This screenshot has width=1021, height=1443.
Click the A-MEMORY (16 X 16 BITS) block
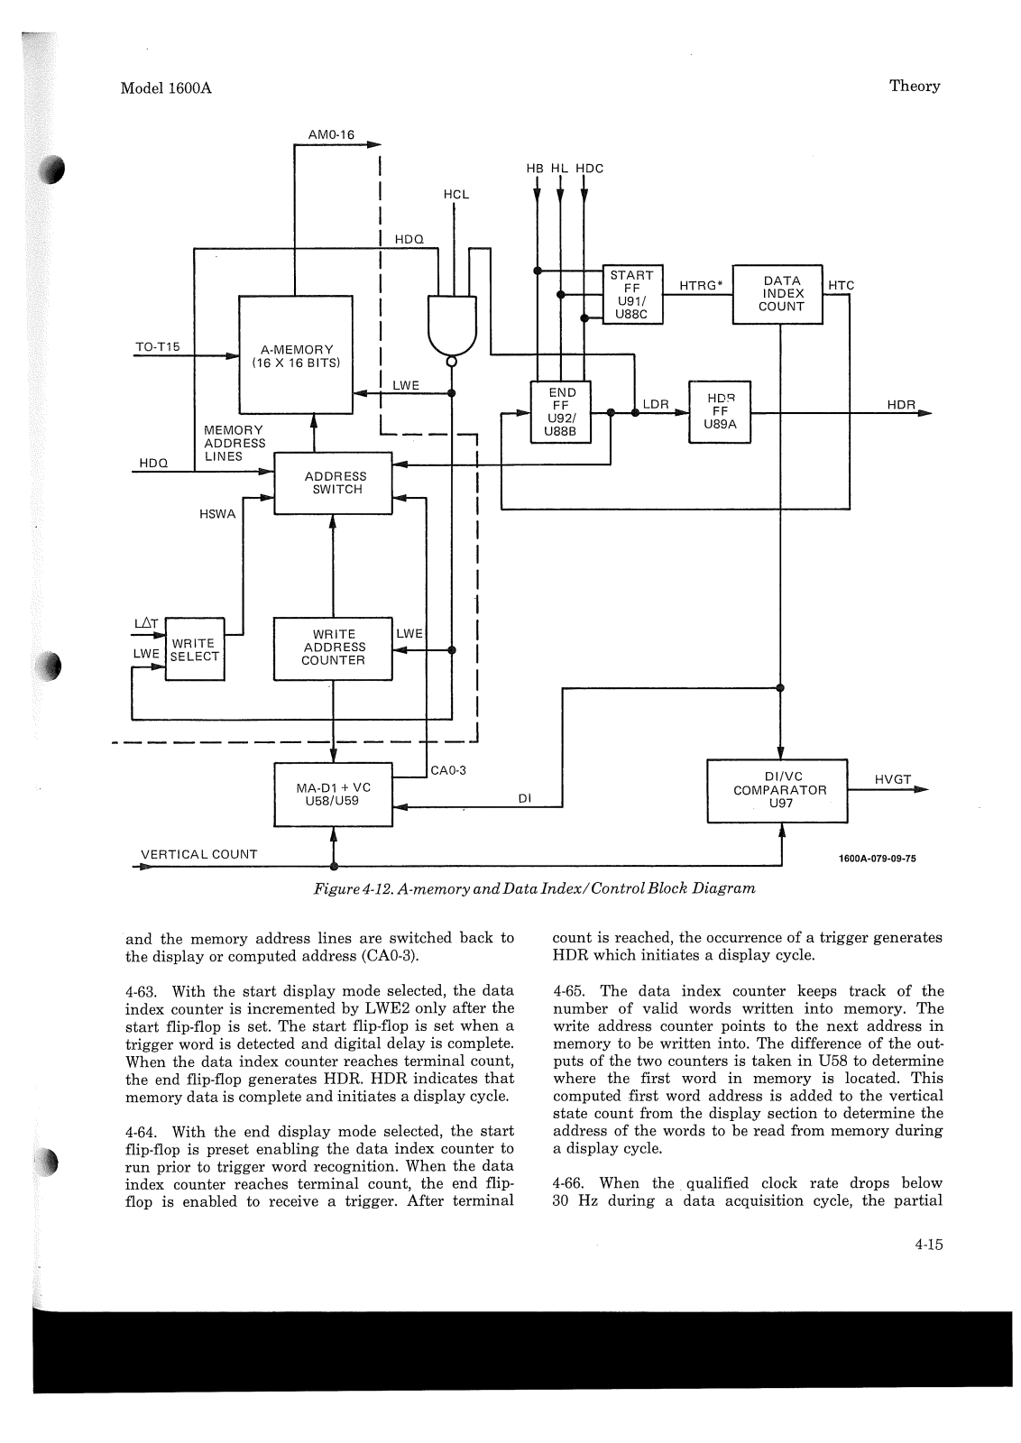click(x=296, y=355)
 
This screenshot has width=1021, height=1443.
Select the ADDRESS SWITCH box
click(x=333, y=483)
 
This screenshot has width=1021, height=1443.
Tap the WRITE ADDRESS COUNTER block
click(x=333, y=648)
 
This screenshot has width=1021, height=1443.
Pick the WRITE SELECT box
click(x=195, y=649)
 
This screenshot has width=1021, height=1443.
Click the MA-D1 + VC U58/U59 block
click(x=333, y=795)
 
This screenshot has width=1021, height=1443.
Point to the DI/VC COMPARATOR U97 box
click(x=777, y=791)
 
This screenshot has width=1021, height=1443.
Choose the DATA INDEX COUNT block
click(x=777, y=294)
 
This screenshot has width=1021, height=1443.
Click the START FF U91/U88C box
click(x=632, y=294)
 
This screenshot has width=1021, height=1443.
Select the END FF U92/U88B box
click(x=560, y=412)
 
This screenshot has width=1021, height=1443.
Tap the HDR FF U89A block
click(x=720, y=412)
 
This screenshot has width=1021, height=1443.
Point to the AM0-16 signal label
click(x=331, y=134)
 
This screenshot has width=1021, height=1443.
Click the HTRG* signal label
click(x=701, y=285)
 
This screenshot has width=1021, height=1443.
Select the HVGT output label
click(x=893, y=779)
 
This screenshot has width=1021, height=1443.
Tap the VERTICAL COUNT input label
click(x=199, y=854)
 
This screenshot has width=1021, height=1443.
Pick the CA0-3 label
click(x=447, y=770)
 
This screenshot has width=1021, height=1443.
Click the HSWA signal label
click(x=217, y=514)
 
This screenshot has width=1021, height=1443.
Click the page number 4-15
click(x=928, y=1245)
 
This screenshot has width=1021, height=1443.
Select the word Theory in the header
click(x=915, y=87)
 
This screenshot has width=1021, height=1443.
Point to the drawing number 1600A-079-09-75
click(x=878, y=859)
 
